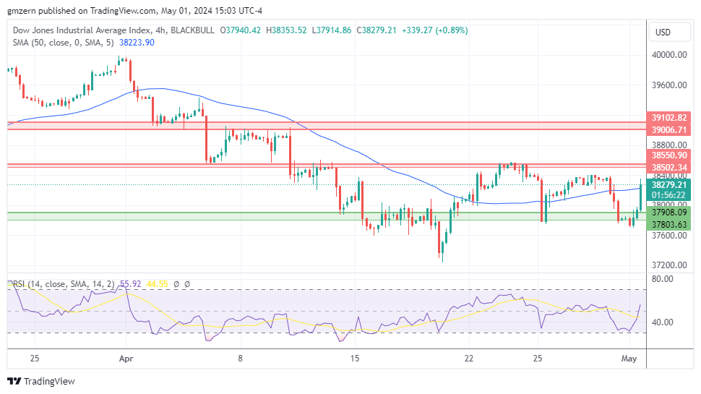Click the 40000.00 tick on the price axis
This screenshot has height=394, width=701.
(x=668, y=55)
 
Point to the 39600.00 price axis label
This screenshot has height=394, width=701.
(x=668, y=85)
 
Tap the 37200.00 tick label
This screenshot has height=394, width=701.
(x=668, y=265)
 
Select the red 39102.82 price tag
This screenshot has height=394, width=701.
(x=668, y=117)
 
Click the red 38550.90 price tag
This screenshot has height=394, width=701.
(x=668, y=155)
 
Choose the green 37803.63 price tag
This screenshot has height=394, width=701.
(x=668, y=225)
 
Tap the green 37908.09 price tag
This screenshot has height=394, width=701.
(x=668, y=213)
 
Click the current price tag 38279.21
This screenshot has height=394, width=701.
(x=668, y=184)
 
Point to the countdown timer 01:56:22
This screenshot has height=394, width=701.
(x=668, y=195)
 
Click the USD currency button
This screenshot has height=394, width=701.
(x=663, y=33)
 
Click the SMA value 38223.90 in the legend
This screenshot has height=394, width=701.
(x=136, y=43)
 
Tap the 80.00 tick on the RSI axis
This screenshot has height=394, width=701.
(x=663, y=278)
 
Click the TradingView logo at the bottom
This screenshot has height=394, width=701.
(x=41, y=381)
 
